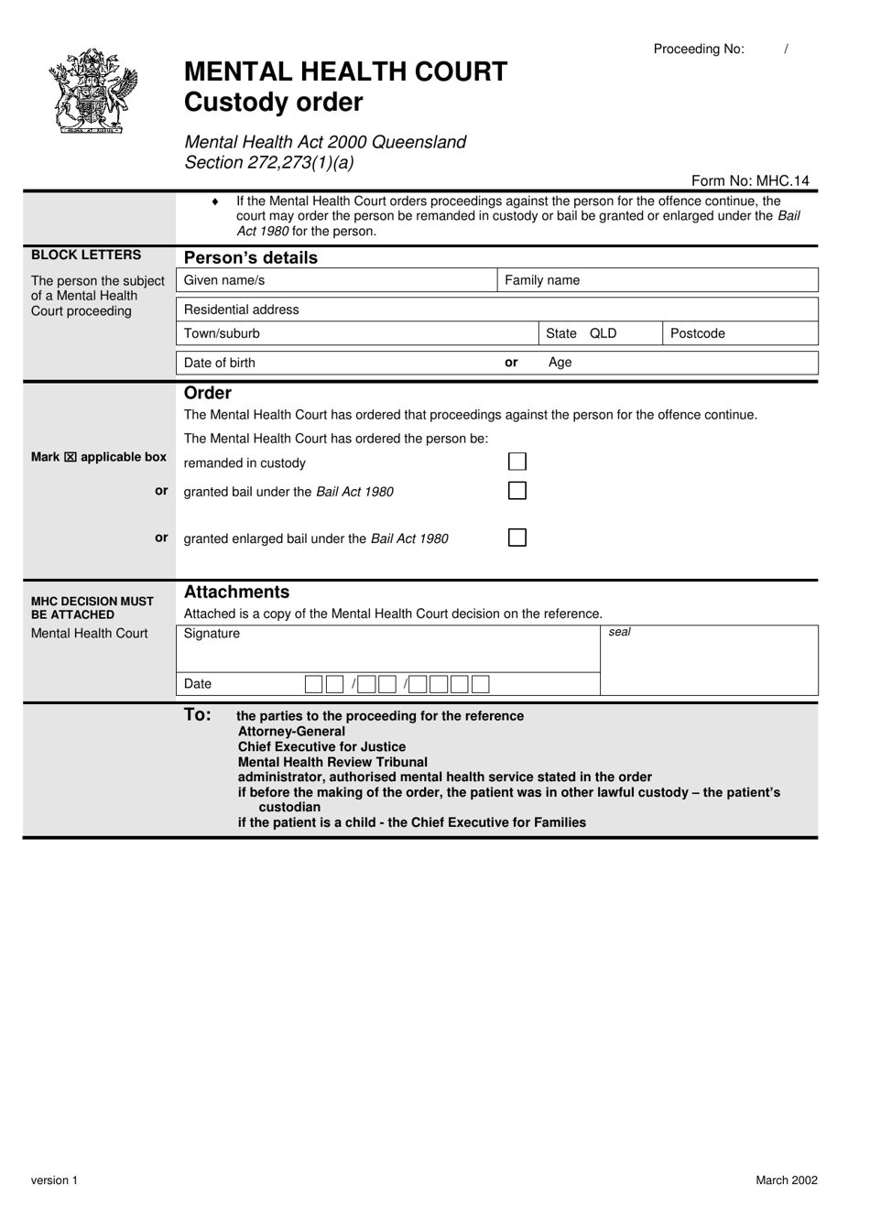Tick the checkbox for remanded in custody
517,462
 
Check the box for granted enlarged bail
517,538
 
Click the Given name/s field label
224,280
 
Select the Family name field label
542,280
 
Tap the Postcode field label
697,333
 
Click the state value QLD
604,333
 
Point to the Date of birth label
220,363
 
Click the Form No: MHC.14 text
750,180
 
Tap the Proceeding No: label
699,49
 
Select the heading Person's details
251,257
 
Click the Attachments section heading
236,592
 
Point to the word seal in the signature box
620,632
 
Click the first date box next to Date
313,684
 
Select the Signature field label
212,634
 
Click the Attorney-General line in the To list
291,732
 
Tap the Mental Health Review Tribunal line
332,762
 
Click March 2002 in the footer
786,1180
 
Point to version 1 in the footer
54,1180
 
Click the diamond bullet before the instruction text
215,201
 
